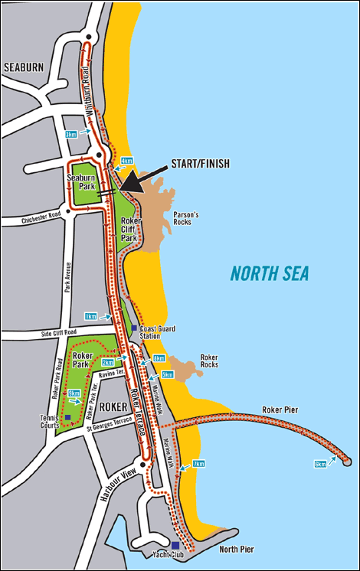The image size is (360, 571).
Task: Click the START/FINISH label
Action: pos(191,164)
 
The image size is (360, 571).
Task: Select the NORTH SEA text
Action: pos(270,272)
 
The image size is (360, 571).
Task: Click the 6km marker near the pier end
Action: pos(320,465)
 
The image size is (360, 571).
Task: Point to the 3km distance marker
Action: pos(70,134)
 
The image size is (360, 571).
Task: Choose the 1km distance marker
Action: pos(91,315)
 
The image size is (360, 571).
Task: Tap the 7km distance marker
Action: pos(198,464)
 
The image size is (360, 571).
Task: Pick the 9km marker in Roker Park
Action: pos(74,393)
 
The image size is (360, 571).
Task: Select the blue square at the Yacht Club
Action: pos(175,545)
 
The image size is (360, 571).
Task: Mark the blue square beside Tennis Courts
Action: pos(68,417)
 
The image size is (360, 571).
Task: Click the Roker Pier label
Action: pos(280,409)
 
